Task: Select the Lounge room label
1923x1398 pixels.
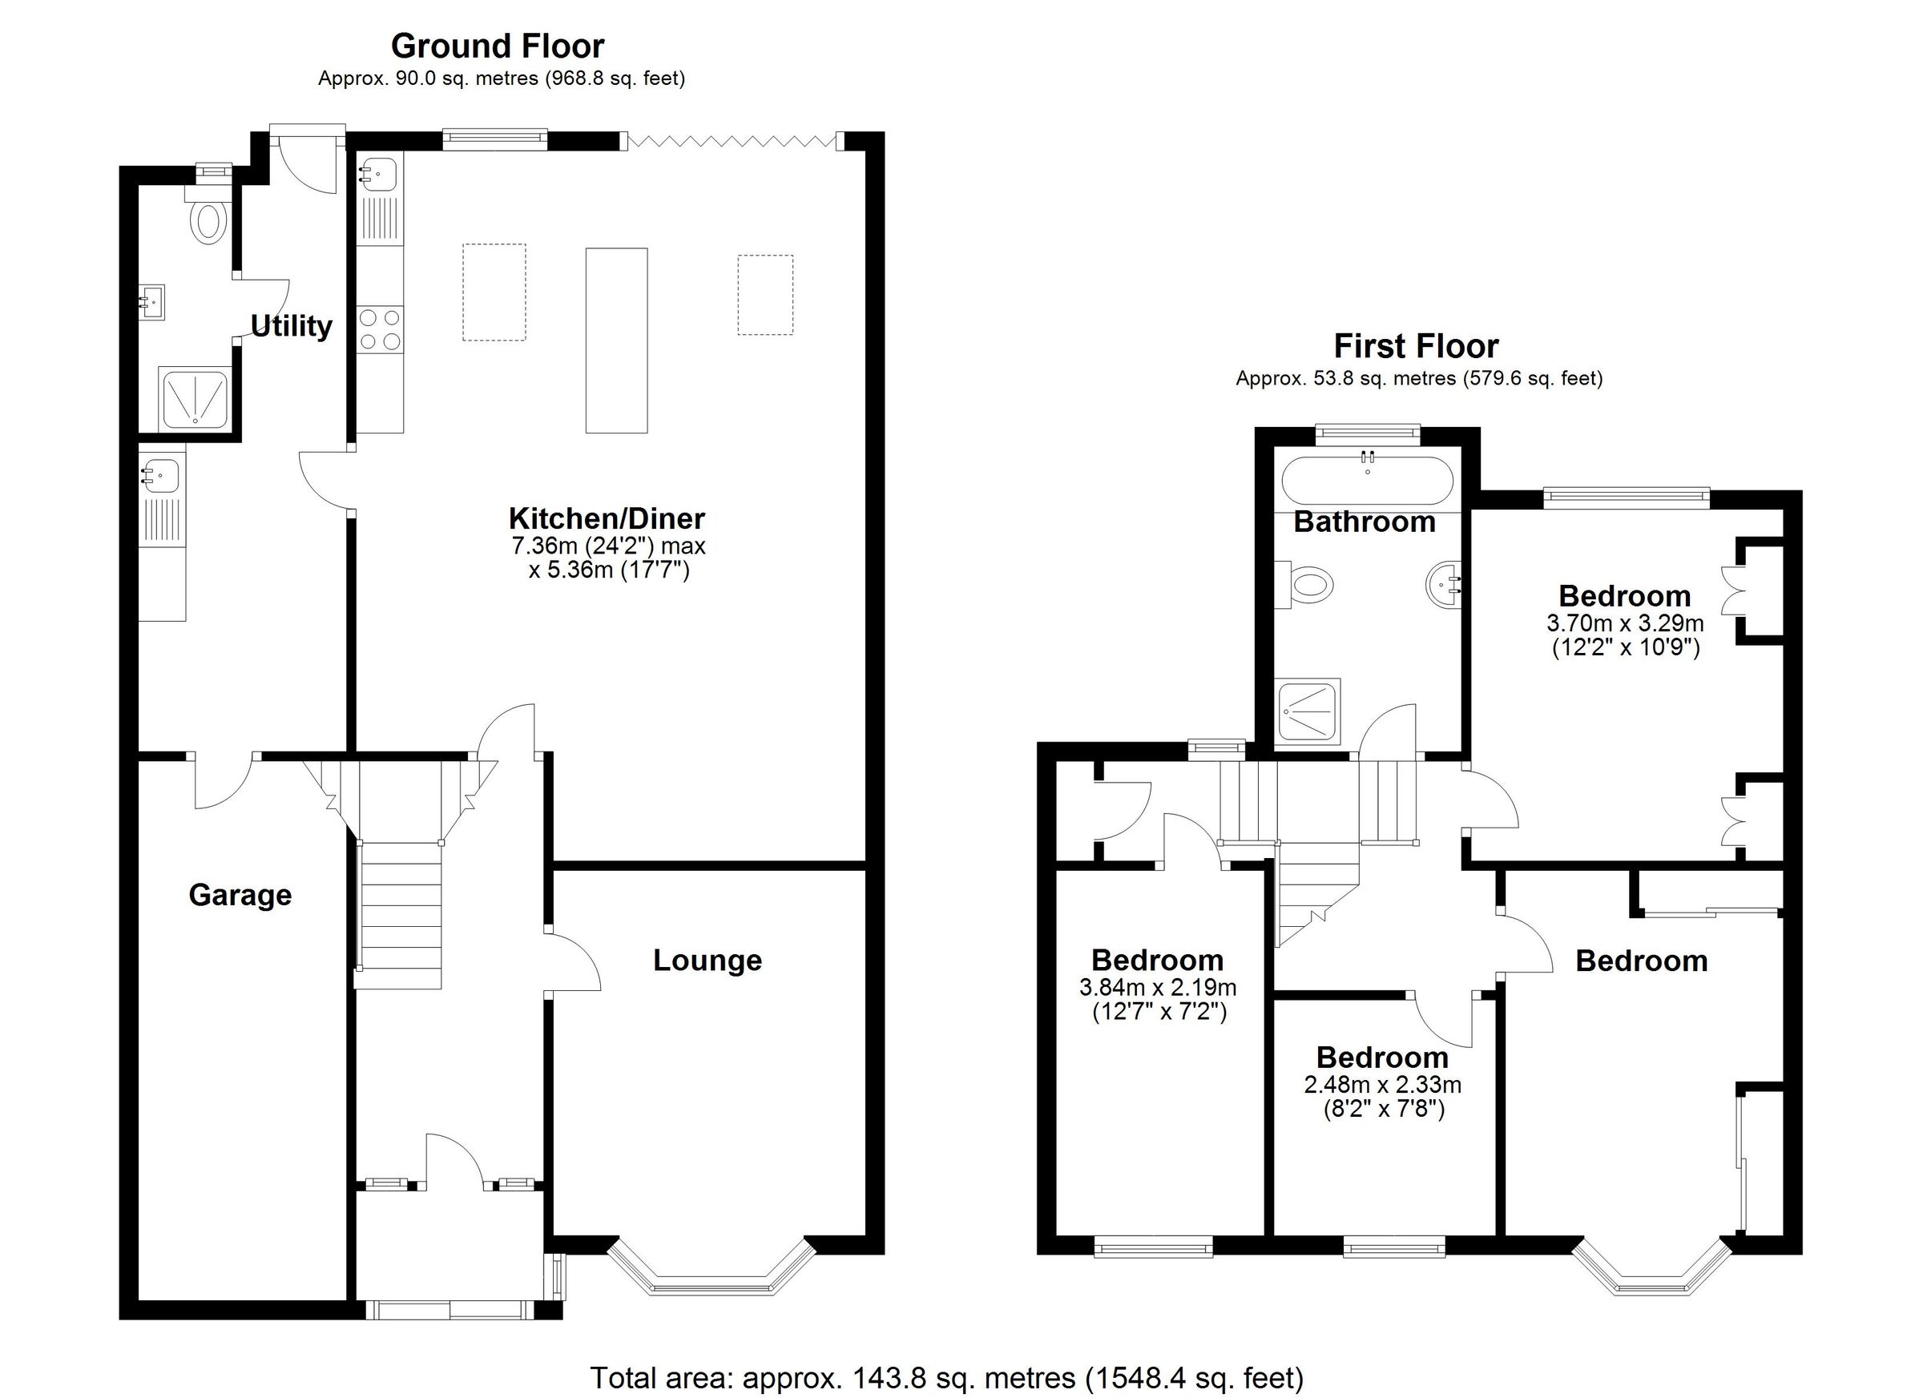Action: pyautogui.click(x=708, y=961)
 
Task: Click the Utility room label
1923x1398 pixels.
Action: pyautogui.click(x=291, y=325)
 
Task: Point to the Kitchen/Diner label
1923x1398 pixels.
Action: pyautogui.click(x=607, y=518)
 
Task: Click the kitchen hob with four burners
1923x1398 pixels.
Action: pyautogui.click(x=379, y=329)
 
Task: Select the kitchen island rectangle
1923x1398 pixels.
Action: pyautogui.click(x=616, y=340)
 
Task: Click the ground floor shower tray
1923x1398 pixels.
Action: pyautogui.click(x=194, y=398)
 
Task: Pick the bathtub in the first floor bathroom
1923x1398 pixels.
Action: pyautogui.click(x=1367, y=481)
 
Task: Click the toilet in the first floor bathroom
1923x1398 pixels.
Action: pyautogui.click(x=1306, y=584)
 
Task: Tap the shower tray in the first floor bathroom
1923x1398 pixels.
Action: pyautogui.click(x=1309, y=711)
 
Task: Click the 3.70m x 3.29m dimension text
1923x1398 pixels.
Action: pyautogui.click(x=1625, y=623)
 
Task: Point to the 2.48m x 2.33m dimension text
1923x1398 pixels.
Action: pyautogui.click(x=1382, y=1084)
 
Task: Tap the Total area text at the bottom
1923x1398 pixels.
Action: pyautogui.click(x=946, y=1378)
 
